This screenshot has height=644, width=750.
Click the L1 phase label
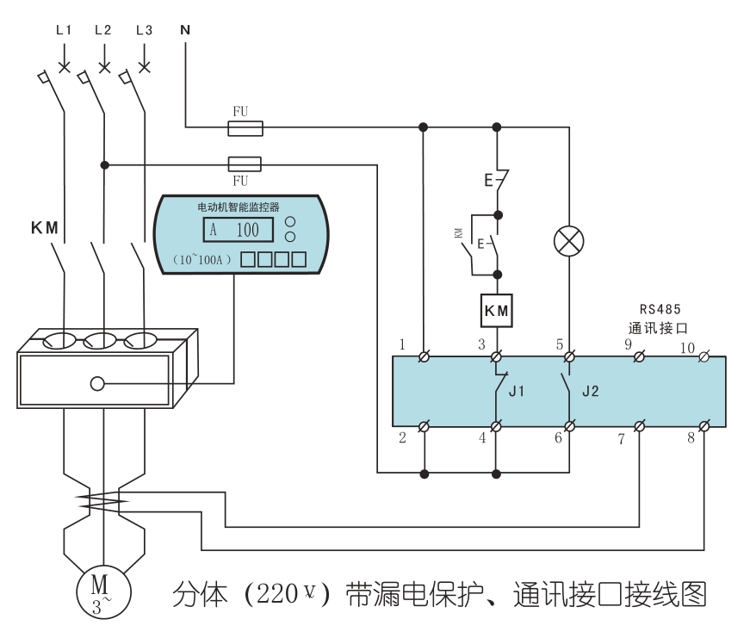tap(63, 30)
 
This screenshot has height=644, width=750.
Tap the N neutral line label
tap(184, 30)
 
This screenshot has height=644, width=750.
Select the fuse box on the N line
tap(245, 128)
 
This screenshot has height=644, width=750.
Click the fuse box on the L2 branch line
tap(245, 164)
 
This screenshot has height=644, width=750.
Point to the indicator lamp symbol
tap(568, 241)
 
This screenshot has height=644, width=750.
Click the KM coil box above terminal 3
tap(496, 311)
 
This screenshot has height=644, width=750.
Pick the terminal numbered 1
tap(424, 356)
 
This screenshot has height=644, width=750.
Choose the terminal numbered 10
tap(704, 356)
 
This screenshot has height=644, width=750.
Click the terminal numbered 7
tap(640, 426)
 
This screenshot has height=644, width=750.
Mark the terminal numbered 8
tap(704, 426)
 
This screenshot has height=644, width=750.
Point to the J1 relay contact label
tap(517, 391)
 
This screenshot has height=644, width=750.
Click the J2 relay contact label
tap(590, 391)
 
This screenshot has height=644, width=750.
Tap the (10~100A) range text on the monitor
tap(199, 258)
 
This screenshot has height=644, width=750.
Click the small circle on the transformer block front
tap(97, 384)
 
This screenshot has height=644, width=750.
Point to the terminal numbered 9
tap(640, 356)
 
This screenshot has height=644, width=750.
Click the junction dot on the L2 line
tap(104, 164)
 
